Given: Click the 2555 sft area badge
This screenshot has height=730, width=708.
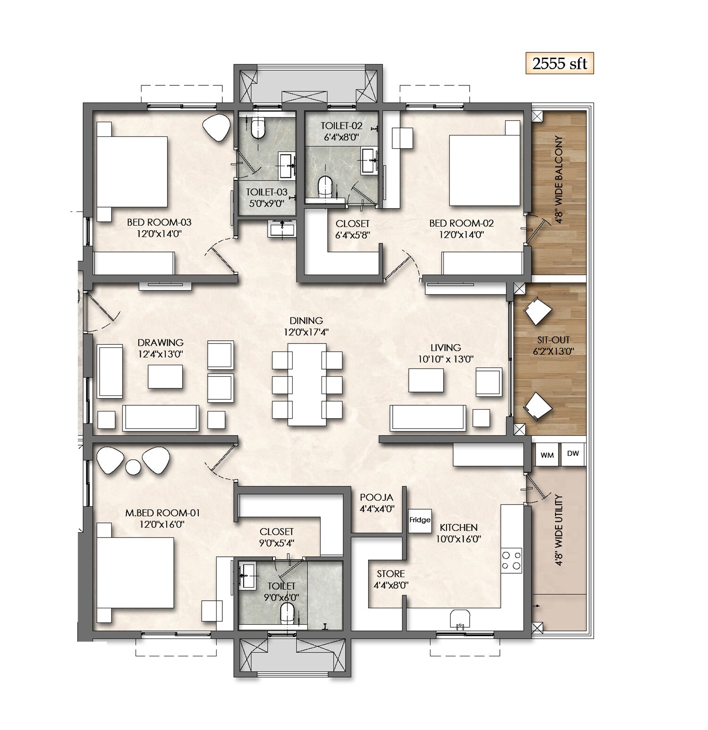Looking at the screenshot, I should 559,64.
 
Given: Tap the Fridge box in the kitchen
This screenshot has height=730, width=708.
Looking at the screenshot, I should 420,520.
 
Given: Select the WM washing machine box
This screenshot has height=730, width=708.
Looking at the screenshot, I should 547,455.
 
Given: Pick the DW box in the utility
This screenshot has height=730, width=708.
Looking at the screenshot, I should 573,454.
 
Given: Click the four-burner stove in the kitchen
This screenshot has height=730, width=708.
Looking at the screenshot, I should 512,560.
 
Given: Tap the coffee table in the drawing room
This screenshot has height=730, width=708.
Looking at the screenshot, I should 165,376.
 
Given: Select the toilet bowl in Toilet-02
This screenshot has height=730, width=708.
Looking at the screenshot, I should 325,186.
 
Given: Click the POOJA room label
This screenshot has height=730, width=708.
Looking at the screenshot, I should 376,497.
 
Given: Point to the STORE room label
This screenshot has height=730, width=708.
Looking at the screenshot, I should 390,574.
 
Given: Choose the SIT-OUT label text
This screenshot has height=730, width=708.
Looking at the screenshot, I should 553,340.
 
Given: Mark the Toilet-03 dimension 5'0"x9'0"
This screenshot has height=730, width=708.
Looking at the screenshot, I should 266,204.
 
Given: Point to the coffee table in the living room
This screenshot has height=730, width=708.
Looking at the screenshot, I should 426,380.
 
